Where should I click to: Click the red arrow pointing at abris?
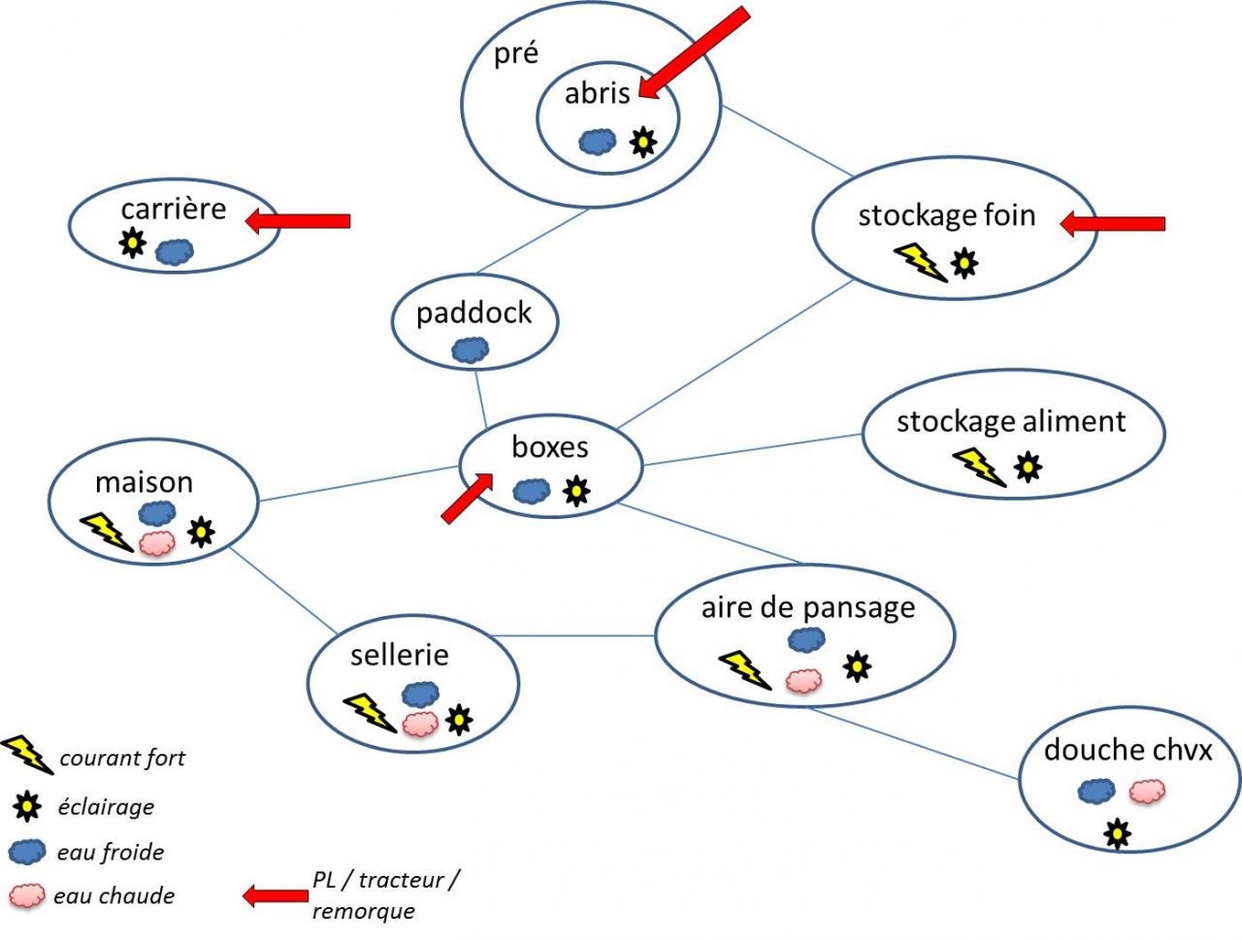click(x=694, y=53)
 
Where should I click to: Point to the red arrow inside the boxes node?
click(x=467, y=499)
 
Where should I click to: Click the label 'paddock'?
click(x=474, y=313)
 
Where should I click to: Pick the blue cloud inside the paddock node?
click(x=471, y=349)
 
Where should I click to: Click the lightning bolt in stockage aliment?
click(x=979, y=467)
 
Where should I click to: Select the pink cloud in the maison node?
click(x=156, y=543)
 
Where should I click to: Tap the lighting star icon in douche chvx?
click(x=1118, y=832)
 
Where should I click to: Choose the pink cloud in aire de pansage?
click(x=803, y=680)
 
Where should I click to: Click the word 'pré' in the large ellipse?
click(x=515, y=53)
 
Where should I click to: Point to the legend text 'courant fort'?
click(x=122, y=759)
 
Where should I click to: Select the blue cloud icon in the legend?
click(x=27, y=852)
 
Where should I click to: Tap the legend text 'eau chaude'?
click(x=114, y=895)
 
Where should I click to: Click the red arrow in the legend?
click(x=275, y=895)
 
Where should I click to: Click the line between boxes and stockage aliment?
click(x=752, y=450)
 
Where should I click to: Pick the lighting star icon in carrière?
click(x=132, y=243)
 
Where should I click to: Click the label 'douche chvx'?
click(x=1128, y=750)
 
